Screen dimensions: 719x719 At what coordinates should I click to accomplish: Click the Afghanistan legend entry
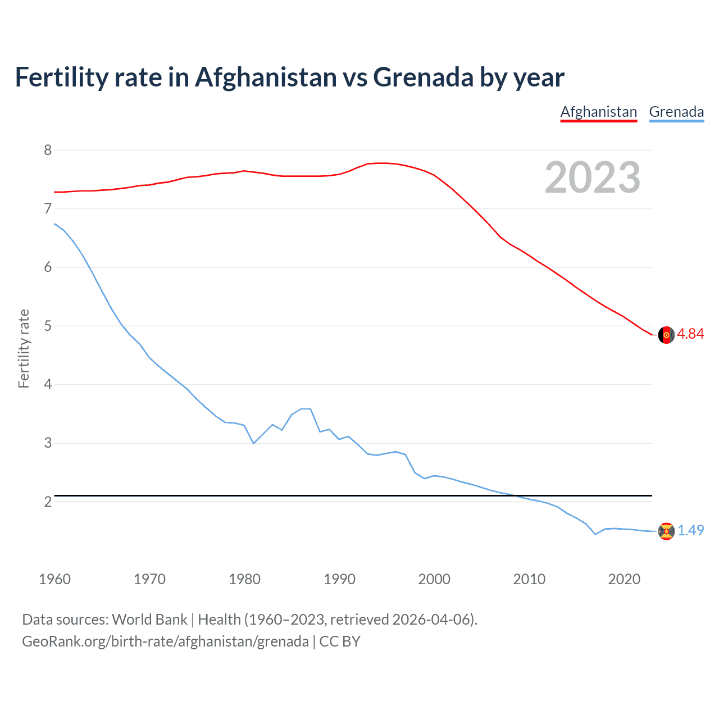[599, 112]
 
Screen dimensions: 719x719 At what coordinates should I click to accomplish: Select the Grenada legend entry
[676, 112]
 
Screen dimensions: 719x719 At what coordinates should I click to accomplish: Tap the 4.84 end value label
[690, 334]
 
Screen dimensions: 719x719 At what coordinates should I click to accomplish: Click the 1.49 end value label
[690, 530]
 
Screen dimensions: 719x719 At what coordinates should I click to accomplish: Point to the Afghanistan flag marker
[666, 335]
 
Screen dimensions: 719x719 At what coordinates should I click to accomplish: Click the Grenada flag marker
[666, 531]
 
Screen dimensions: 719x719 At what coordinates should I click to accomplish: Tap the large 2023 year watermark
[593, 178]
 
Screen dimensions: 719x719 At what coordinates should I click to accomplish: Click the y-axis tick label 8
[48, 150]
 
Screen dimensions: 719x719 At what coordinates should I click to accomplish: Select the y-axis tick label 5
[48, 326]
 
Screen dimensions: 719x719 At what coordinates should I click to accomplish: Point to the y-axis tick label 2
[48, 502]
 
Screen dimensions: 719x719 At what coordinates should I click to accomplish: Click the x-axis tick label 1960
[54, 579]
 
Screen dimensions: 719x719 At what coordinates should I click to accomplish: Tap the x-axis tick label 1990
[339, 579]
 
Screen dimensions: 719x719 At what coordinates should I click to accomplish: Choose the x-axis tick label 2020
[624, 579]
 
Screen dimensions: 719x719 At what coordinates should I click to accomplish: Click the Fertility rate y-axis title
[24, 348]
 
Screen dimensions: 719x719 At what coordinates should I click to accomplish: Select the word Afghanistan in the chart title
[265, 77]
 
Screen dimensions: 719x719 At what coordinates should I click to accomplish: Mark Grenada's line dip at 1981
[254, 443]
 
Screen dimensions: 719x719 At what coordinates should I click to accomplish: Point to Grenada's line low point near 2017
[595, 534]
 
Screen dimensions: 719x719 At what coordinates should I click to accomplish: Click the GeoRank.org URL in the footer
[165, 641]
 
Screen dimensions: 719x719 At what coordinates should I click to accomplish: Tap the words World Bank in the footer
[149, 619]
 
